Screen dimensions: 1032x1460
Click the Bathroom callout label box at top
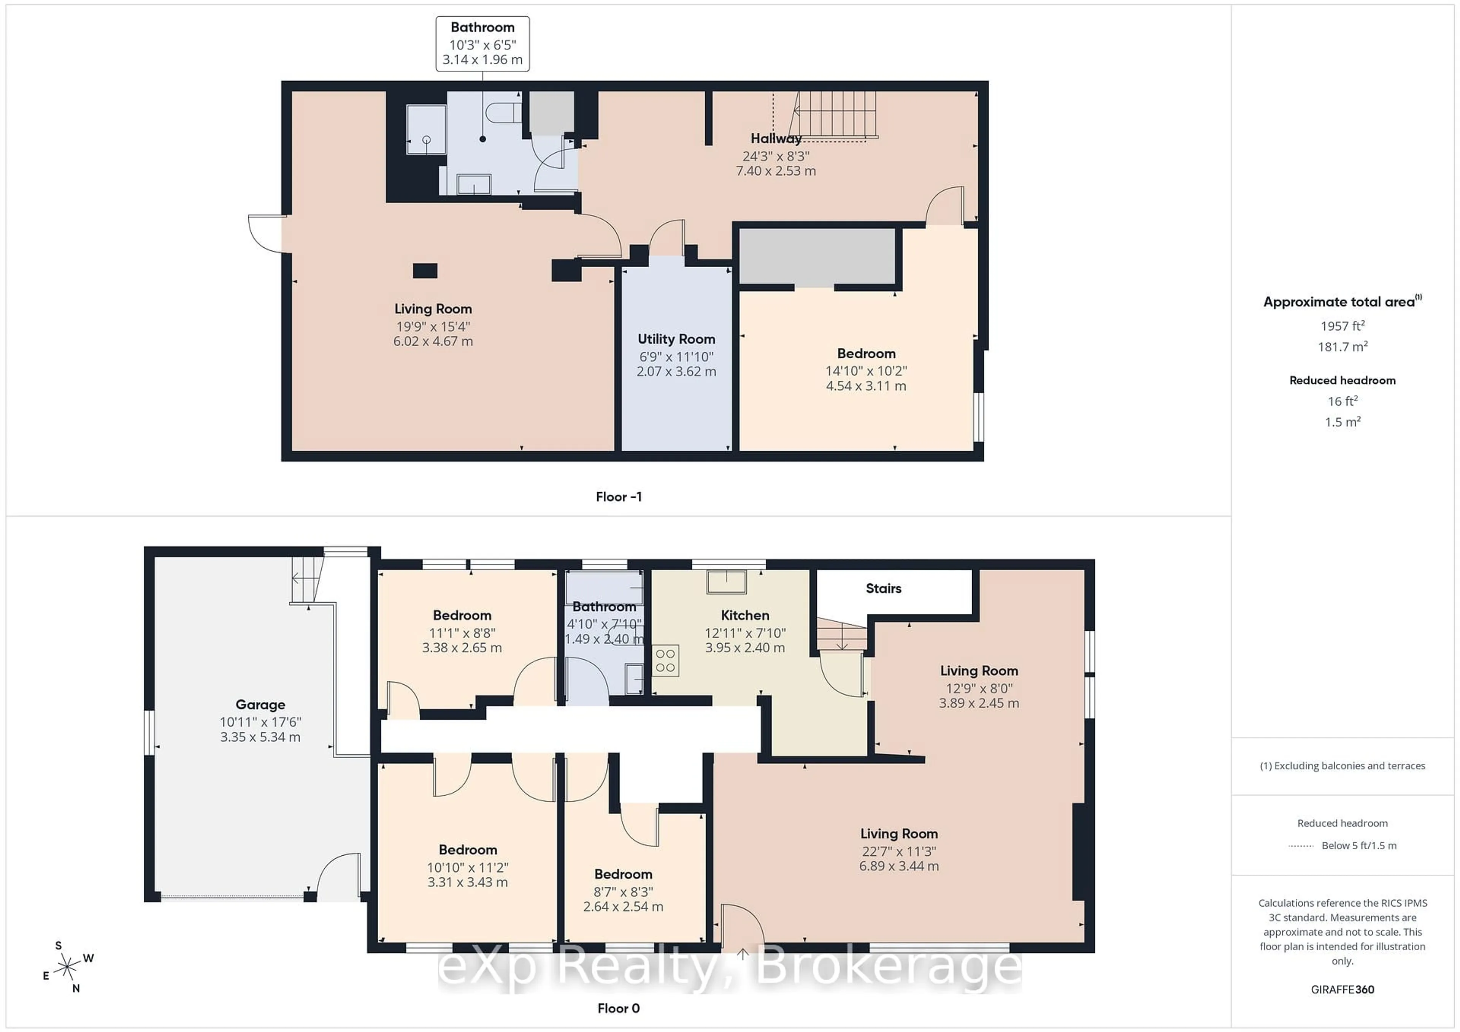pyautogui.click(x=482, y=43)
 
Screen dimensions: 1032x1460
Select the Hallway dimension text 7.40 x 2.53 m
pyautogui.click(x=775, y=171)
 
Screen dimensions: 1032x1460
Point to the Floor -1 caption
pyautogui.click(x=618, y=497)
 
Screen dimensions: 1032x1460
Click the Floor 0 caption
pyautogui.click(x=618, y=1008)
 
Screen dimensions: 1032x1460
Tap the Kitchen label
pyautogui.click(x=744, y=615)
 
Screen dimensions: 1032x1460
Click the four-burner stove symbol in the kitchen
pyautogui.click(x=665, y=660)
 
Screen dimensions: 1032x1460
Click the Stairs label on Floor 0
pyautogui.click(x=883, y=589)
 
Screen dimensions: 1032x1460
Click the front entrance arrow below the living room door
pyautogui.click(x=742, y=953)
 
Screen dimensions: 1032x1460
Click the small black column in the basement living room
pyautogui.click(x=425, y=271)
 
